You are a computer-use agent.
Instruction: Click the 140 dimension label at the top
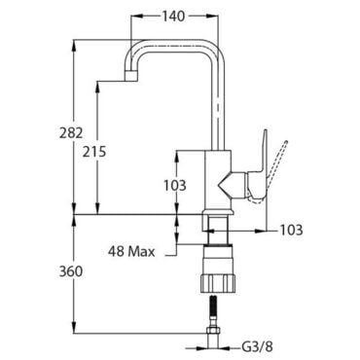173,16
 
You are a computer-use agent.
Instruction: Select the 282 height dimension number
71,133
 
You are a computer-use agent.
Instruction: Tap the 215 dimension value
94,152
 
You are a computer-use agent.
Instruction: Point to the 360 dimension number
71,271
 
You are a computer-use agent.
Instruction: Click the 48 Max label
131,251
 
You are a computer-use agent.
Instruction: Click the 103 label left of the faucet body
175,185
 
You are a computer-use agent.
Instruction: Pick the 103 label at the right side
291,230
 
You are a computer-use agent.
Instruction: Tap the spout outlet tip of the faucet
131,77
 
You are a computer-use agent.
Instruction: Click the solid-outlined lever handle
260,168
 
